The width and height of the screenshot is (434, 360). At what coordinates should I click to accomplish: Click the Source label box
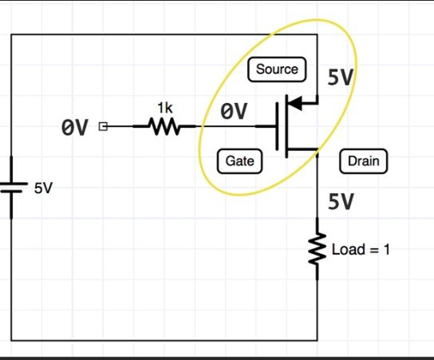pyautogui.click(x=277, y=69)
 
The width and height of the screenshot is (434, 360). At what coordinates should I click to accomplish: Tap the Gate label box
pyautogui.click(x=239, y=161)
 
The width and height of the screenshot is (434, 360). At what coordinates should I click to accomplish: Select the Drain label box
pyautogui.click(x=364, y=161)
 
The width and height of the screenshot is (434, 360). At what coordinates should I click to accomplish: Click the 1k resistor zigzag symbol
pyautogui.click(x=164, y=126)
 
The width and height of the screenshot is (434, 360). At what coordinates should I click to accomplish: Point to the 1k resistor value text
pyautogui.click(x=165, y=108)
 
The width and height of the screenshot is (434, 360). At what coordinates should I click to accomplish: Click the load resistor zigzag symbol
pyautogui.click(x=318, y=249)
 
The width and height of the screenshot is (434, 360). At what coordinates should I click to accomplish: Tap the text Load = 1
pyautogui.click(x=361, y=249)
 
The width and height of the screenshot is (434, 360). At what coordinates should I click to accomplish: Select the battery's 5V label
pyautogui.click(x=43, y=188)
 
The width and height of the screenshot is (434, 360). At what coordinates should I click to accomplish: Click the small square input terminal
pyautogui.click(x=103, y=126)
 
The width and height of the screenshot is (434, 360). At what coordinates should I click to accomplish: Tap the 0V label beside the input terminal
pyautogui.click(x=75, y=128)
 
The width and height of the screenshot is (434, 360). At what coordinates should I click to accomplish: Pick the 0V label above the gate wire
pyautogui.click(x=234, y=111)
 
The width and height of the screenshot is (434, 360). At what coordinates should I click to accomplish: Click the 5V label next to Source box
pyautogui.click(x=341, y=77)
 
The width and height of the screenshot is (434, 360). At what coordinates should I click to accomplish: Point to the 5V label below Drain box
pyautogui.click(x=341, y=201)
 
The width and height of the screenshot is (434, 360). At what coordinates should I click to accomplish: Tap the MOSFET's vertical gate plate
pyautogui.click(x=277, y=126)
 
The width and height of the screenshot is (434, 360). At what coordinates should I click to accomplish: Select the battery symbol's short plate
pyautogui.click(x=11, y=192)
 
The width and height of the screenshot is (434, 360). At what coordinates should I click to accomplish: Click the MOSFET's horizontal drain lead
pyautogui.click(x=302, y=149)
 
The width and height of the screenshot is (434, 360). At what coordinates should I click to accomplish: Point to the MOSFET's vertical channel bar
pyautogui.click(x=286, y=126)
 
